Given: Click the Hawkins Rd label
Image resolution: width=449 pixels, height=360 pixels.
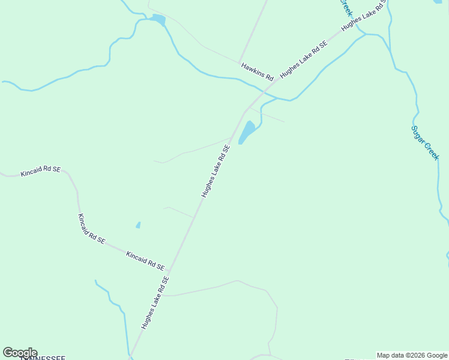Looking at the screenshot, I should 257,71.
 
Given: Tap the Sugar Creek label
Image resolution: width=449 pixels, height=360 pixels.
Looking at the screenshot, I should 426,142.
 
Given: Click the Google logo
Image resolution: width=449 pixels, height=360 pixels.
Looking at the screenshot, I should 20,353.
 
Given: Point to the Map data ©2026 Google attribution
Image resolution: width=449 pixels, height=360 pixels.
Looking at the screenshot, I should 412,355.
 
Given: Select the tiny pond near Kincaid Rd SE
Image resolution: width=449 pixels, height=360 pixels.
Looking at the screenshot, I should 138,225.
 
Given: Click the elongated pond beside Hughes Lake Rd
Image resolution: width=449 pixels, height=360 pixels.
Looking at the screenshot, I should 247,131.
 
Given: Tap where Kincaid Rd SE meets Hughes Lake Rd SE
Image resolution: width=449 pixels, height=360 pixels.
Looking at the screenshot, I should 169,272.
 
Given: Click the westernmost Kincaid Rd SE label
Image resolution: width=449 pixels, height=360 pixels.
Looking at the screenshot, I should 40,172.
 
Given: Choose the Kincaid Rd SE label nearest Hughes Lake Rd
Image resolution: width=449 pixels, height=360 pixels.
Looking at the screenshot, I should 145,260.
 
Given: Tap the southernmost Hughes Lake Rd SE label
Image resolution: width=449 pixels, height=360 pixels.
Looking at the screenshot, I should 156,302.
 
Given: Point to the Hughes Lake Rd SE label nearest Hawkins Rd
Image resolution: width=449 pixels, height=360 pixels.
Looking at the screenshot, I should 304,59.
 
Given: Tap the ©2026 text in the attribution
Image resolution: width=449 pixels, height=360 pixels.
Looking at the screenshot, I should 411,355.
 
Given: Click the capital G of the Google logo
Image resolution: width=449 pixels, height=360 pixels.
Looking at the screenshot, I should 8,353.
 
